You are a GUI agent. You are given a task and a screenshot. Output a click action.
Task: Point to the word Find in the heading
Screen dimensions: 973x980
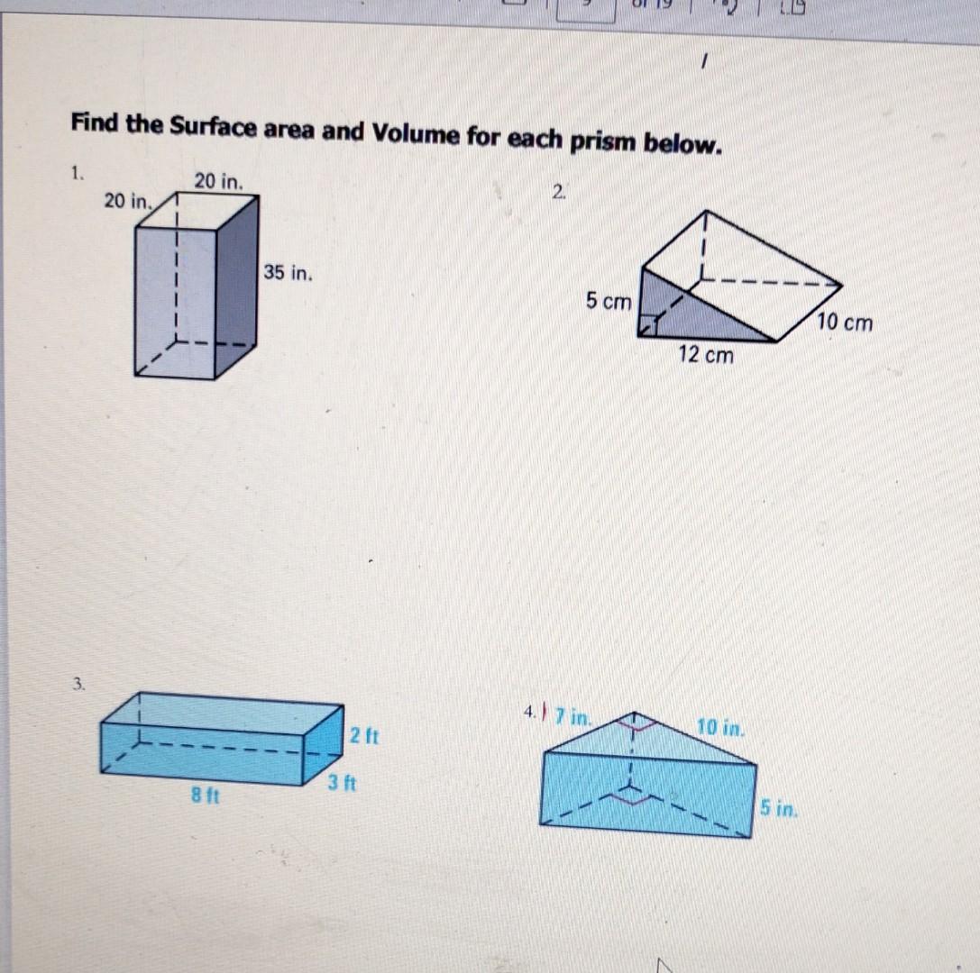point(96,123)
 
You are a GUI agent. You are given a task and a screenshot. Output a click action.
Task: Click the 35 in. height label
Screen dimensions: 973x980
point(289,272)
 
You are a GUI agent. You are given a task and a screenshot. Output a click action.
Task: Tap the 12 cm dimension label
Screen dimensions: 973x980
point(706,355)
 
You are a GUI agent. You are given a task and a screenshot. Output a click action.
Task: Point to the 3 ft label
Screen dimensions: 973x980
point(343,783)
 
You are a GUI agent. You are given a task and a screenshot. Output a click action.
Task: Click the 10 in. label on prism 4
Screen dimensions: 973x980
point(719,725)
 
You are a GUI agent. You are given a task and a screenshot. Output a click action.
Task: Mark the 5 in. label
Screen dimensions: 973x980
point(777,809)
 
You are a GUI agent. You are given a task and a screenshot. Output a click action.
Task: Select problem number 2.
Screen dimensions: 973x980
point(560,190)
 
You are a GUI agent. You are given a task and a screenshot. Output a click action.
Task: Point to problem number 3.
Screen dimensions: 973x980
point(80,685)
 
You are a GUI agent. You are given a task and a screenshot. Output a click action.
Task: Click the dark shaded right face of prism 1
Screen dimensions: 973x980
point(236,288)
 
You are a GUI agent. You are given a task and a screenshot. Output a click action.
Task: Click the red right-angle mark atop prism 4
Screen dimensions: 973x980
point(636,720)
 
